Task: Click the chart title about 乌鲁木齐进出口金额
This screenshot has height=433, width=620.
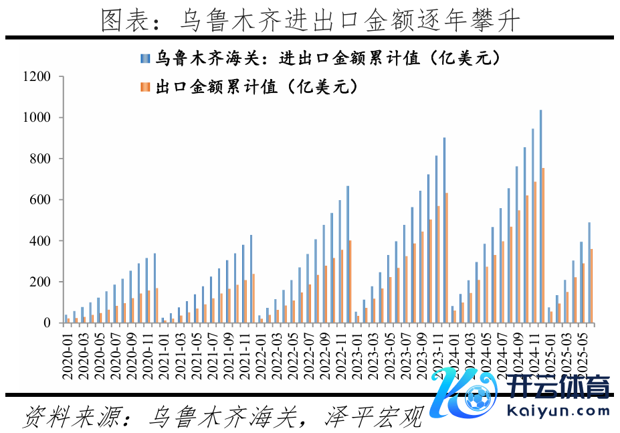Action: (x=310, y=20)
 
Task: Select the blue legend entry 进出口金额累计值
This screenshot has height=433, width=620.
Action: (x=320, y=59)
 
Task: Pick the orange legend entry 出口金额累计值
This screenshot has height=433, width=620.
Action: (x=247, y=87)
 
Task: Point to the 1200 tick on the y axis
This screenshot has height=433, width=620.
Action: (x=37, y=77)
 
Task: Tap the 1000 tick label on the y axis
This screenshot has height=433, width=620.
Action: (x=37, y=118)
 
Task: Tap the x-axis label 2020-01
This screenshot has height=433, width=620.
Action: (x=68, y=354)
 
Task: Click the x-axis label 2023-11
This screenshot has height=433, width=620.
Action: (x=443, y=354)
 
